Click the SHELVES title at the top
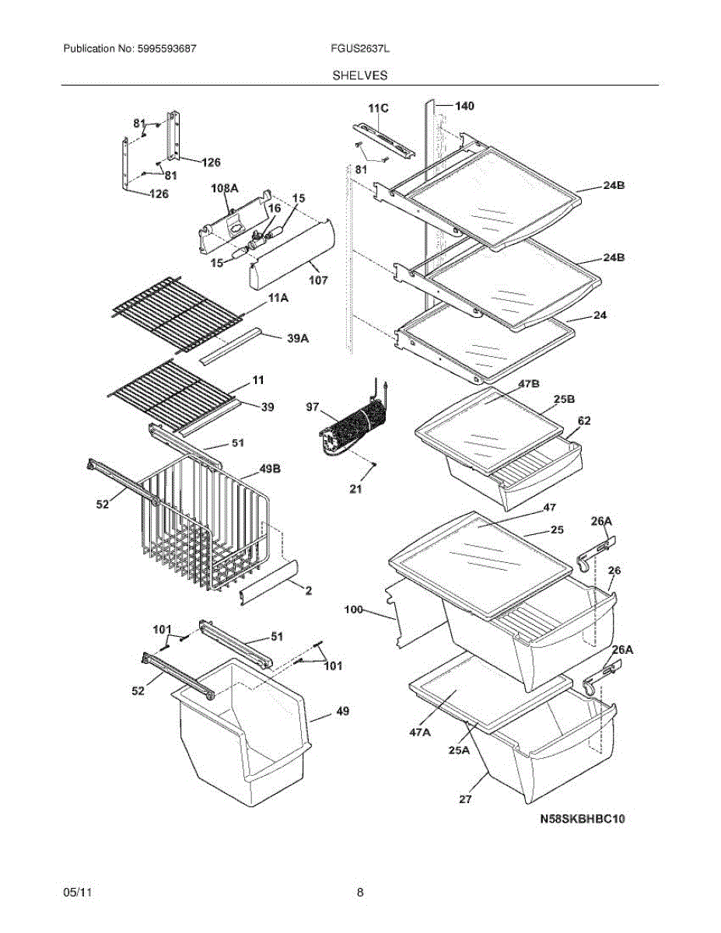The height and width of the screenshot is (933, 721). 360,75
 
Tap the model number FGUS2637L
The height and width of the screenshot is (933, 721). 359,48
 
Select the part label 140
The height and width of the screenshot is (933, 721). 464,106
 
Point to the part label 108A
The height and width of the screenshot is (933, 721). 224,189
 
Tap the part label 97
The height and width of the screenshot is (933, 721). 313,407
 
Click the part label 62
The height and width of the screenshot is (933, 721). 583,421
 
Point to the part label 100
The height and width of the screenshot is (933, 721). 354,611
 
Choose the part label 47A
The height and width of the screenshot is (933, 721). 420,732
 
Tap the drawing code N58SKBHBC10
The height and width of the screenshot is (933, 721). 583,819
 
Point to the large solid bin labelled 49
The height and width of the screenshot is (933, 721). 241,723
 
